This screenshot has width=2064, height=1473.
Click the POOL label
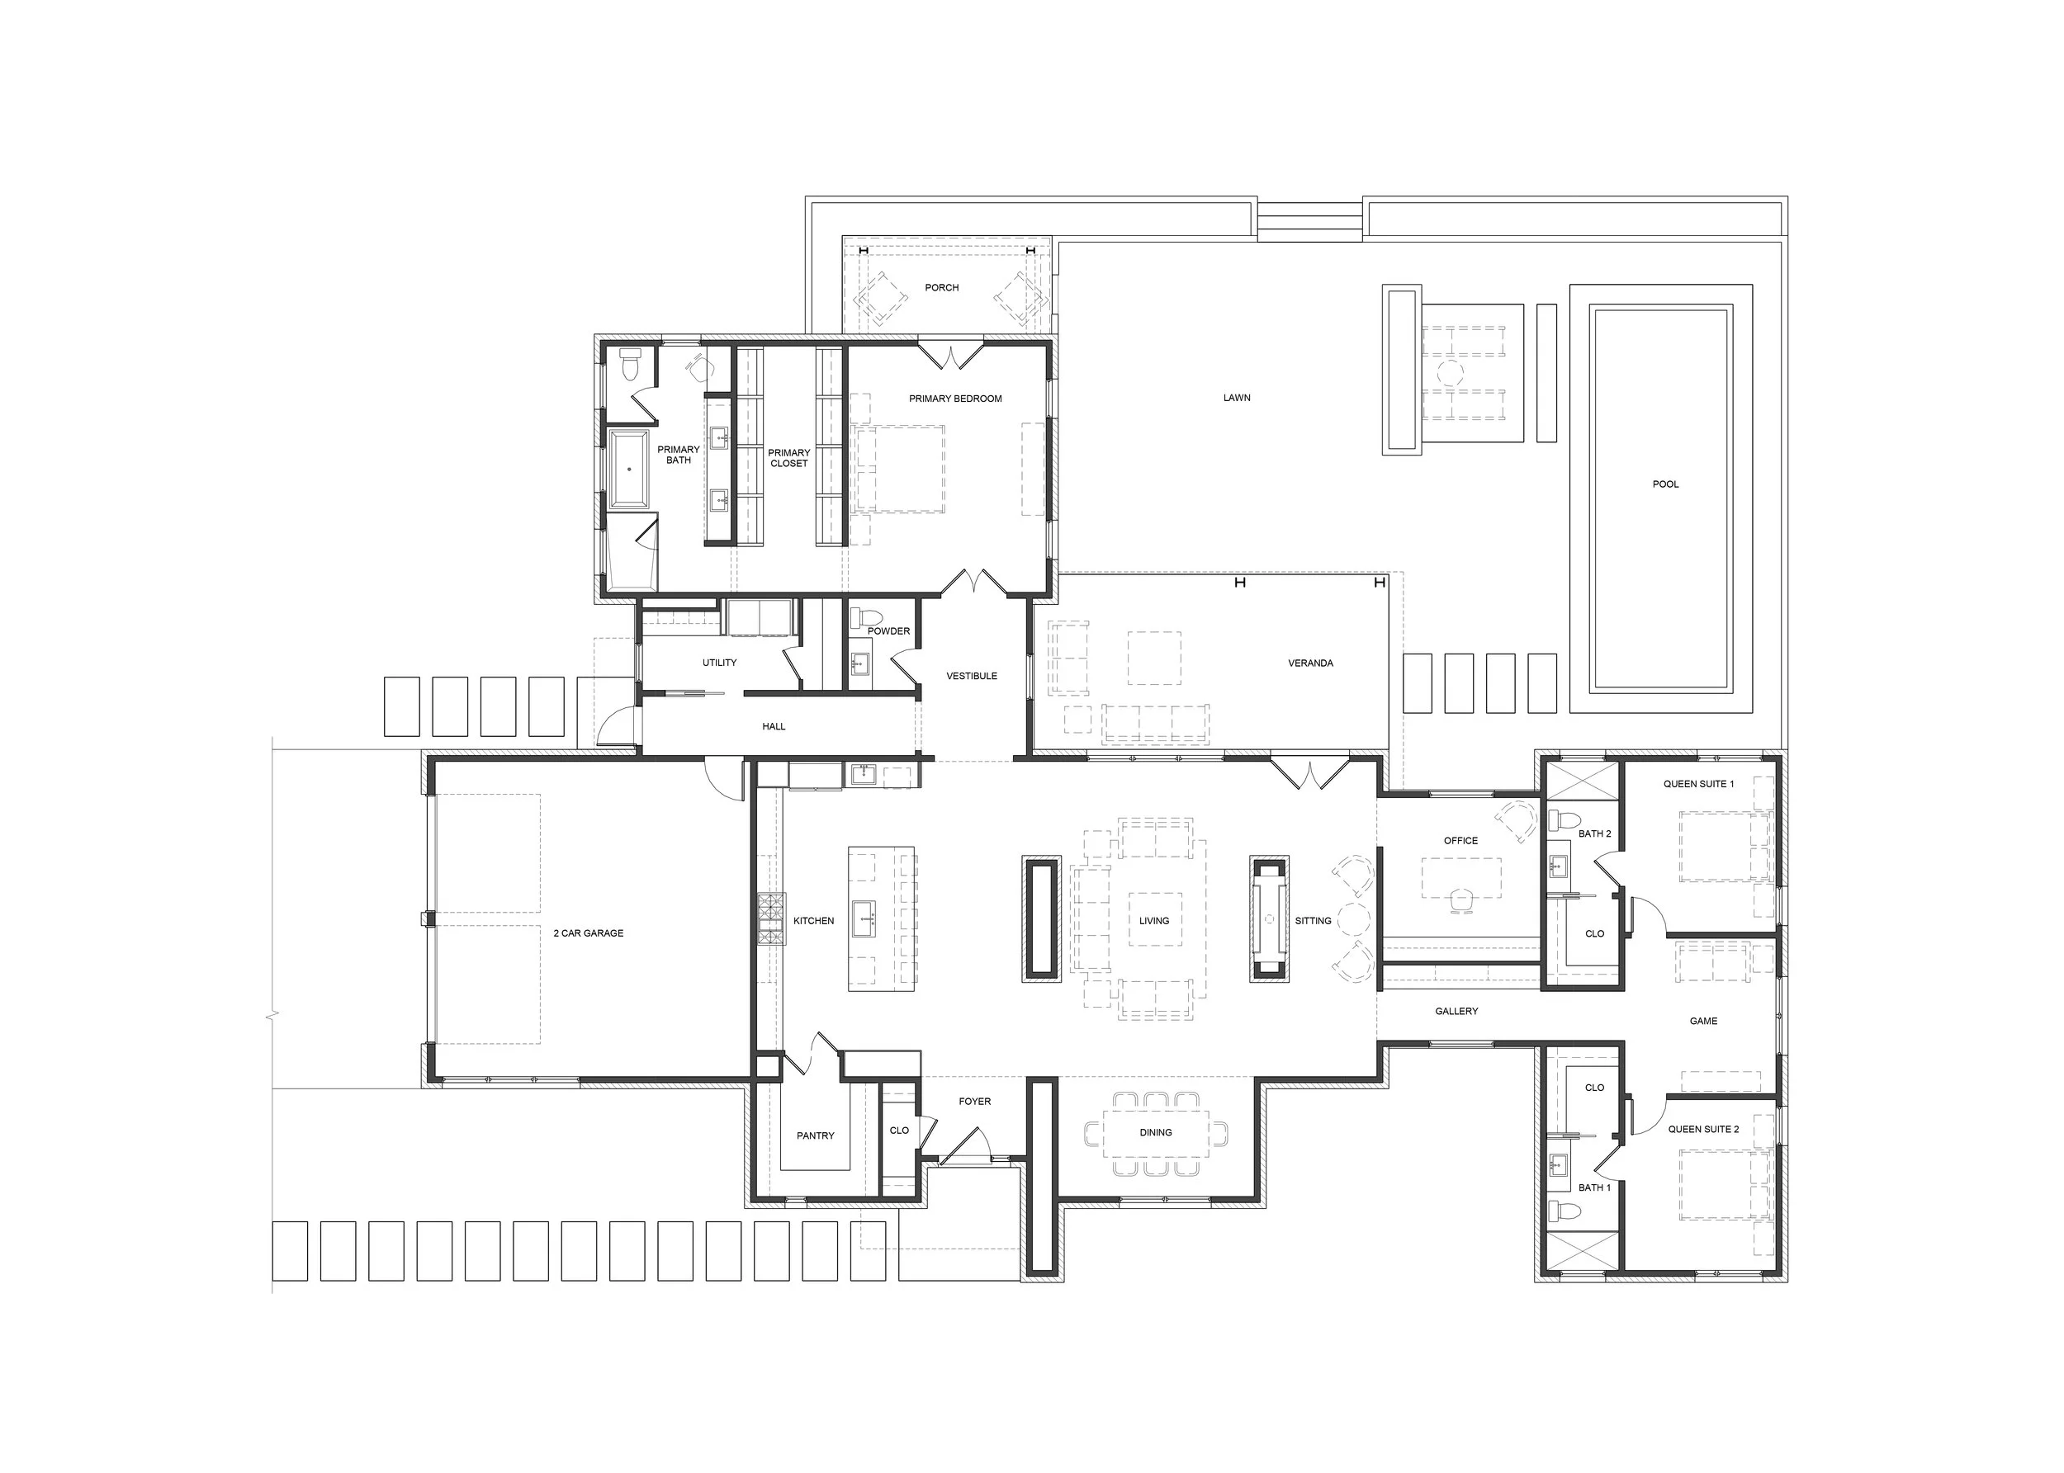(1664, 484)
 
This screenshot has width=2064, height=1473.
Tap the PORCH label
(941, 287)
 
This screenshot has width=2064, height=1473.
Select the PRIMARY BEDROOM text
(954, 399)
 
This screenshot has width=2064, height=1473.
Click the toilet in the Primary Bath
(630, 366)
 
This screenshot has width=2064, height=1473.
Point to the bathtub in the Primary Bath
(627, 469)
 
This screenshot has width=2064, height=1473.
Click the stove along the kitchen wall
(771, 918)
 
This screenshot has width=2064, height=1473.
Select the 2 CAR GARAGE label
(588, 933)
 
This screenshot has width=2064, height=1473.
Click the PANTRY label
(815, 1135)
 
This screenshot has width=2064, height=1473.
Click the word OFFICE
(1460, 841)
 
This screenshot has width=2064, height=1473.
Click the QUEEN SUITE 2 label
(1703, 1129)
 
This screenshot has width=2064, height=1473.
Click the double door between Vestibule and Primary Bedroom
(973, 583)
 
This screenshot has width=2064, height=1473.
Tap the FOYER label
(974, 1101)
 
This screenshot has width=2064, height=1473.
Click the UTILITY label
(718, 663)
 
